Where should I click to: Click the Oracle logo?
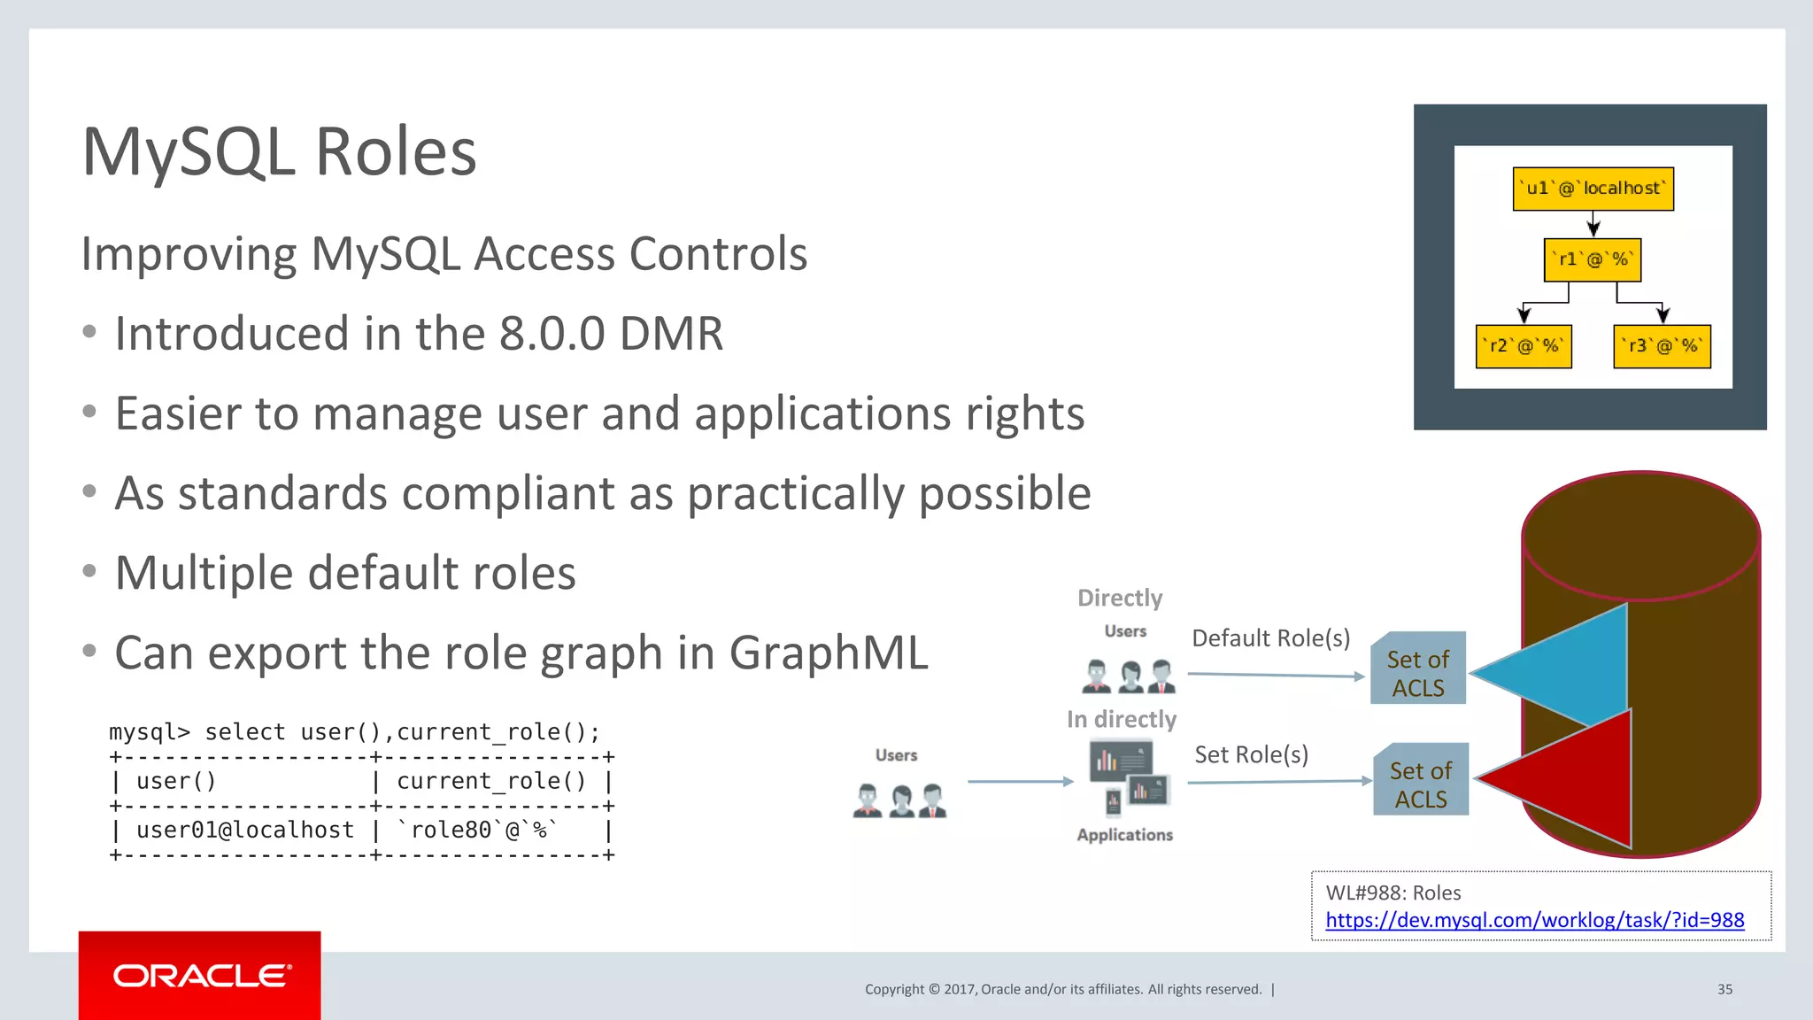[x=201, y=976]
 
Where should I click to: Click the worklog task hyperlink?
[x=1534, y=920]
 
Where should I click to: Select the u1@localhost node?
[x=1593, y=189]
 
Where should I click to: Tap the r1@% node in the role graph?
[x=1592, y=259]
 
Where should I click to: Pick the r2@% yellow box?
[x=1523, y=346]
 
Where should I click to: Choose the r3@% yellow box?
[x=1662, y=346]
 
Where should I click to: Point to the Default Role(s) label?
[x=1270, y=638]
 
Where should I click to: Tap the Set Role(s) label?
[x=1251, y=754]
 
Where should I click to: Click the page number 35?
[x=1724, y=989]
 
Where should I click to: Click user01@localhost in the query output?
[x=244, y=830]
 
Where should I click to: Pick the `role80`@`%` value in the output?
[x=478, y=830]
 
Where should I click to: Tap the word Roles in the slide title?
[x=395, y=152]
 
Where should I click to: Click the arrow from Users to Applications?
[x=1020, y=782]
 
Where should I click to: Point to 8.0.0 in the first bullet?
[x=552, y=334]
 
